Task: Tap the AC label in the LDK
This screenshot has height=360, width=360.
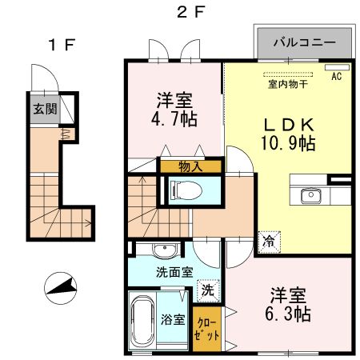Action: pyautogui.click(x=336, y=77)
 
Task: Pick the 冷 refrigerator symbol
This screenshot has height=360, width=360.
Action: pyautogui.click(x=266, y=239)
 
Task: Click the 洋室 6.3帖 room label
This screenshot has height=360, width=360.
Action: pyautogui.click(x=289, y=304)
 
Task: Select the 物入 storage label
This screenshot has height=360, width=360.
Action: pyautogui.click(x=190, y=167)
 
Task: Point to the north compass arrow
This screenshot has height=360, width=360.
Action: pyautogui.click(x=61, y=285)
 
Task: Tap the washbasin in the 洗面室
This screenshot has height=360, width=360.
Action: pyautogui.click(x=165, y=249)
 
